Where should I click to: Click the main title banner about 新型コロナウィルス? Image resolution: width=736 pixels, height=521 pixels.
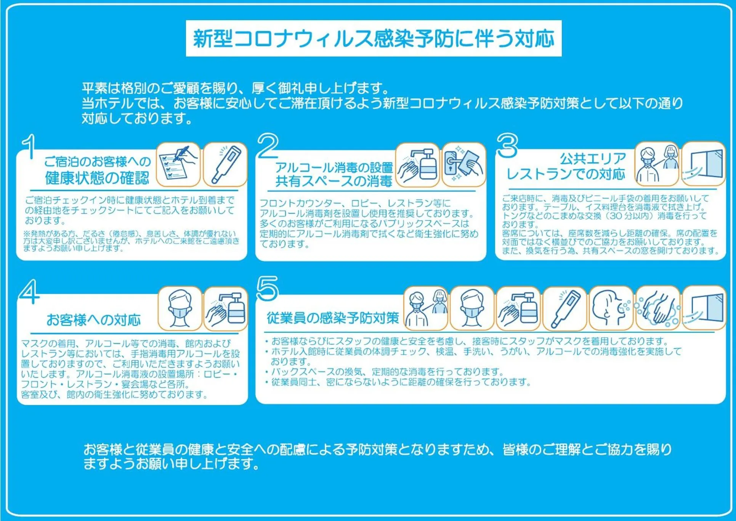pyautogui.click(x=374, y=38)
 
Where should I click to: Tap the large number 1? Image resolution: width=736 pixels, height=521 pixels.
pyautogui.click(x=29, y=147)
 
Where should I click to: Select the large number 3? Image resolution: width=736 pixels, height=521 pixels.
pyautogui.click(x=507, y=146)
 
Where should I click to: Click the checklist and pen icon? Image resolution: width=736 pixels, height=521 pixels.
pyautogui.click(x=178, y=165)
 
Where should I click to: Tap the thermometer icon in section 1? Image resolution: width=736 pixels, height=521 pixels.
pyautogui.click(x=225, y=165)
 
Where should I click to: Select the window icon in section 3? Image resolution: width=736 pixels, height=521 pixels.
pyautogui.click(x=704, y=164)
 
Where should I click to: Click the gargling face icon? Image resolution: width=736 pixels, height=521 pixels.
pyautogui.click(x=611, y=308)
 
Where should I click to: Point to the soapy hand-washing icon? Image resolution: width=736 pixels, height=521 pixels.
pyautogui.click(x=657, y=308)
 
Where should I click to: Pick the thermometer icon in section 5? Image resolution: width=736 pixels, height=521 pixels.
pyautogui.click(x=564, y=308)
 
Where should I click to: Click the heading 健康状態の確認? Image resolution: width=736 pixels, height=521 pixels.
pyautogui.click(x=97, y=178)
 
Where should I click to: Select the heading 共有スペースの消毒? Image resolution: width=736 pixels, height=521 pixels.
pyautogui.click(x=334, y=181)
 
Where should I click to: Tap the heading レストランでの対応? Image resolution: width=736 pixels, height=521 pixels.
pyautogui.click(x=566, y=174)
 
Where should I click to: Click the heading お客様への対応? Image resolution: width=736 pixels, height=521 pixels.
pyautogui.click(x=93, y=320)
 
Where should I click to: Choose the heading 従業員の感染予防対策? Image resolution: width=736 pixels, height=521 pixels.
pyautogui.click(x=333, y=318)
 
